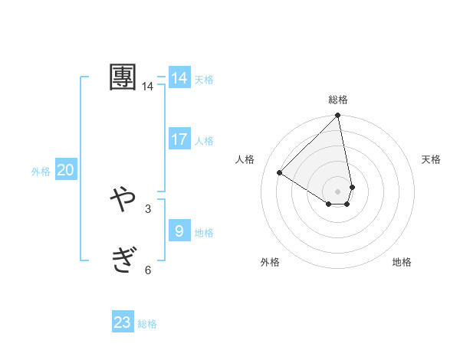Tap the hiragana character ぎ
pyautogui.click(x=123, y=260)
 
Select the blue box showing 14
pyautogui.click(x=179, y=78)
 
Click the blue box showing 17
pyautogui.click(x=179, y=139)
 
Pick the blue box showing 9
pyautogui.click(x=179, y=231)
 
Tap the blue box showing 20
pyautogui.click(x=66, y=170)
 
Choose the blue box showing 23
pyautogui.click(x=123, y=322)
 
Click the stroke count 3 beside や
pyautogui.click(x=147, y=208)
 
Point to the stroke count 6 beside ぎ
pyautogui.click(x=147, y=270)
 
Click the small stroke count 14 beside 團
pyautogui.click(x=147, y=87)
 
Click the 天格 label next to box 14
pyautogui.click(x=204, y=80)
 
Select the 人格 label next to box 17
pyautogui.click(x=204, y=141)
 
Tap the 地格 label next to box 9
pyautogui.click(x=204, y=233)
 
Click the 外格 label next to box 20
pyautogui.click(x=41, y=172)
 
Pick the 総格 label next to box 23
pyautogui.click(x=147, y=324)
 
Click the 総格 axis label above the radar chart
pyautogui.click(x=338, y=100)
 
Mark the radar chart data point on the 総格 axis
pyautogui.click(x=338, y=116)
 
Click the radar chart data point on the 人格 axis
pyautogui.click(x=280, y=173)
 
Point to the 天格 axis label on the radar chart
pyautogui.click(x=431, y=159)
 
